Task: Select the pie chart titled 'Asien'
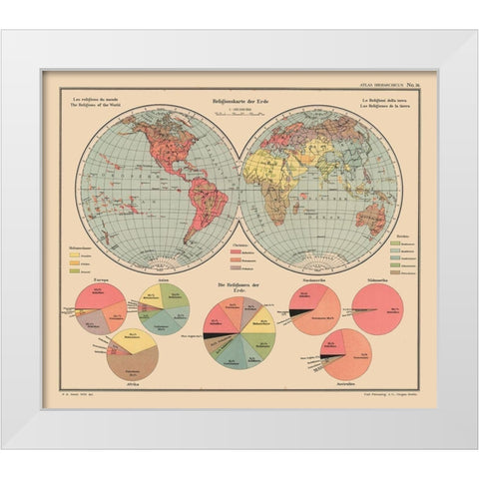164,308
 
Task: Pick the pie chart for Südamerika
377,310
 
